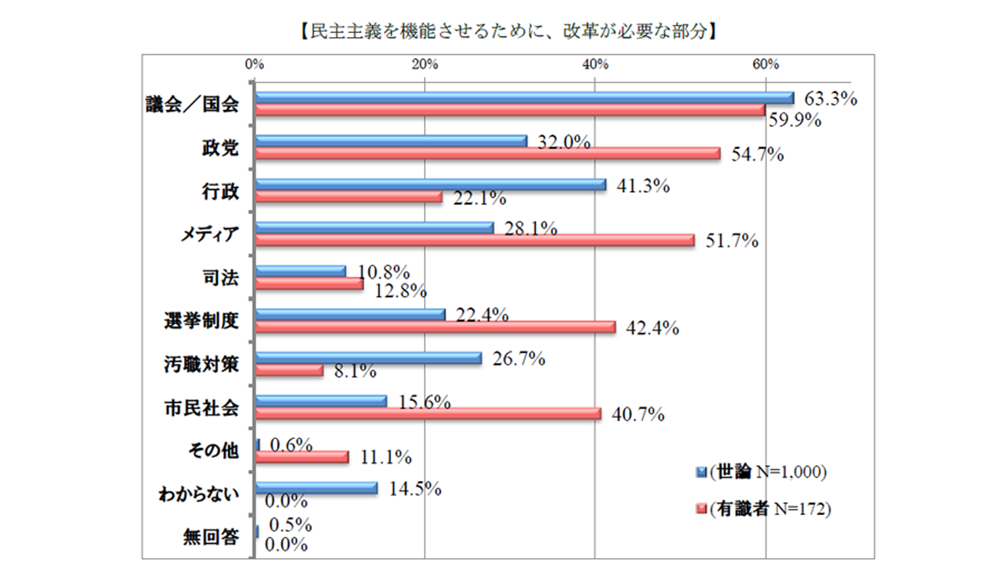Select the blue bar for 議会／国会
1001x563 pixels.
[524, 98]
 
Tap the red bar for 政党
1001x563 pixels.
[488, 153]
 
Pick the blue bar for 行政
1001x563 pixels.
[430, 185]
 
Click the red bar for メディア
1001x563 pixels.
[475, 240]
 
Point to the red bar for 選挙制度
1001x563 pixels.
[435, 327]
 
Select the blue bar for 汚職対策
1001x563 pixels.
[368, 358]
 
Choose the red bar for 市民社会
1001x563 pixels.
[428, 414]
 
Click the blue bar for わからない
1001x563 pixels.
[316, 488]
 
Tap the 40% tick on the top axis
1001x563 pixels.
[595, 64]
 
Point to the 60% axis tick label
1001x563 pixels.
[765, 64]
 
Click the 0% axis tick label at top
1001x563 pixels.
[255, 64]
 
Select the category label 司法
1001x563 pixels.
[221, 278]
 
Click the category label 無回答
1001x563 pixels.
[211, 537]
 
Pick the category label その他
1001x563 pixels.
[213, 450]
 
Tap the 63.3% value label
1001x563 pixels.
[830, 99]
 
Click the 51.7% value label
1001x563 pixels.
[732, 241]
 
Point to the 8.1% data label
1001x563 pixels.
[355, 372]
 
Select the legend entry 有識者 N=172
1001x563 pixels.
[764, 509]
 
